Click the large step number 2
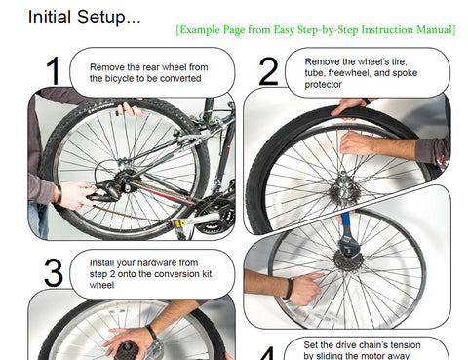point(268,73)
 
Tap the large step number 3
point(54,273)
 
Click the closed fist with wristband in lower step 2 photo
point(304,289)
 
